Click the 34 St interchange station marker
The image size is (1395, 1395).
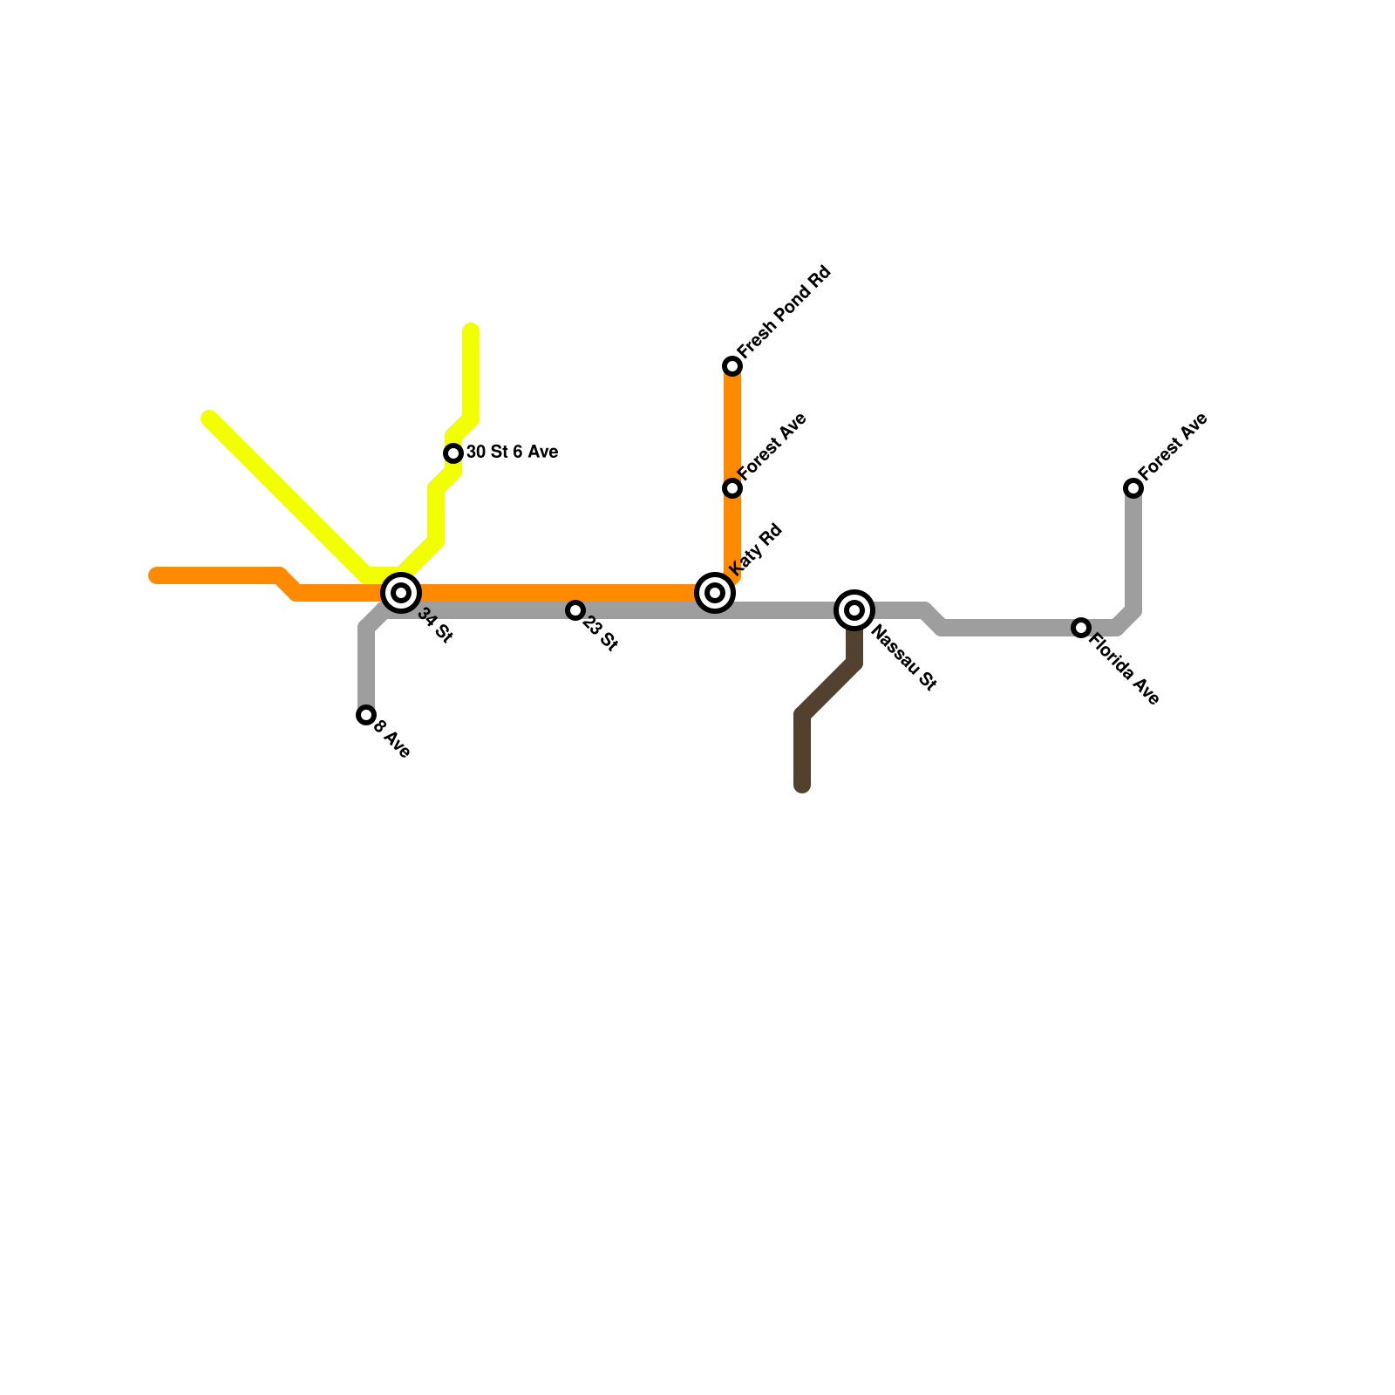click(401, 593)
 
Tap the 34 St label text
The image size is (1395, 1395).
click(435, 626)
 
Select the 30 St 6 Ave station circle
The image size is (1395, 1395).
click(453, 453)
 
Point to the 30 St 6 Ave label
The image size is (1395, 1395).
click(512, 453)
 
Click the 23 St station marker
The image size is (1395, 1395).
click(575, 610)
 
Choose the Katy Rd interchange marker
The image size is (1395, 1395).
click(715, 593)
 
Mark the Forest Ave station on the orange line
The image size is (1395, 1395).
click(732, 488)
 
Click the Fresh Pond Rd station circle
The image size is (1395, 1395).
click(732, 366)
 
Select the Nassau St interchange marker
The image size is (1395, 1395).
click(854, 610)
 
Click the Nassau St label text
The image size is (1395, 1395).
click(903, 658)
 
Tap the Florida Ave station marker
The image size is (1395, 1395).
click(1081, 628)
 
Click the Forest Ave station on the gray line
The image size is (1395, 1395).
click(1133, 488)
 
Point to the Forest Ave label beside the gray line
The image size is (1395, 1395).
click(1174, 446)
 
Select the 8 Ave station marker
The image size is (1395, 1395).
click(366, 715)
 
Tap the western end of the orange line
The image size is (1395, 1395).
click(155, 575)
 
